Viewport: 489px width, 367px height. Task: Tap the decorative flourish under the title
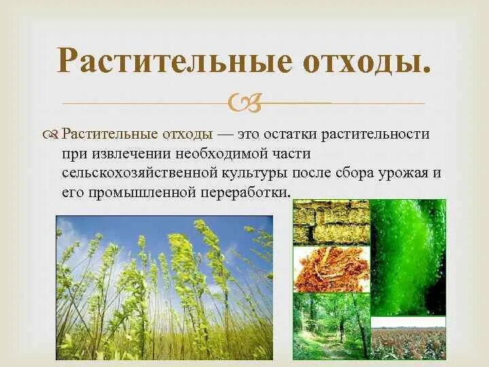click(x=246, y=103)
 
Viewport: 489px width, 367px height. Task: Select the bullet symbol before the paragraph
click(x=52, y=134)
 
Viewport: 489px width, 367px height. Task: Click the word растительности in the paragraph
click(x=381, y=133)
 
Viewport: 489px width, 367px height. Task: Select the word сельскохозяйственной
click(x=132, y=173)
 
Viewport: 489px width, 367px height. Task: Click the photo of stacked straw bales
click(x=331, y=222)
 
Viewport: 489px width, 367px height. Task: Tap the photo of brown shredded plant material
click(x=331, y=268)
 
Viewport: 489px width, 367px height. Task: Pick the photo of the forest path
click(x=331, y=326)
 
